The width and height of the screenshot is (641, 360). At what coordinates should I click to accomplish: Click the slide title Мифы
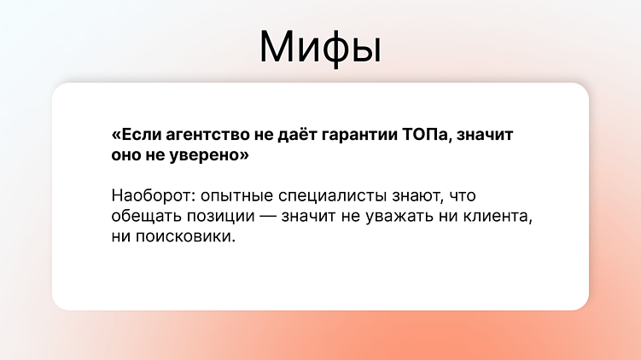pyautogui.click(x=320, y=46)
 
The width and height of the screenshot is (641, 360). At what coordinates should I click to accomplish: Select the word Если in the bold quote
pyautogui.click(x=137, y=136)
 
